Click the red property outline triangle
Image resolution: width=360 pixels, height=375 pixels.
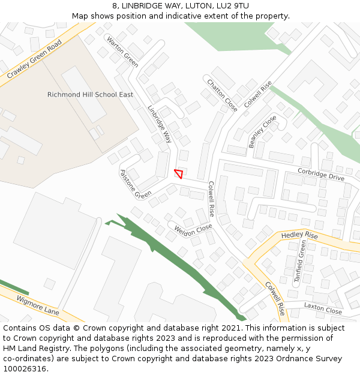click(x=178, y=173)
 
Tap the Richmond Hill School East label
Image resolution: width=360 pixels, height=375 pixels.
click(x=90, y=95)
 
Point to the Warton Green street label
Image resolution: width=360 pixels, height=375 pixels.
click(x=122, y=50)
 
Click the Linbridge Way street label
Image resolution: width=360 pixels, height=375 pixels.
click(x=160, y=124)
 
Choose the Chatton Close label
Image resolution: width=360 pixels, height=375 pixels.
click(x=222, y=95)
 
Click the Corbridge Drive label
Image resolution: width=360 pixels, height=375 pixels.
click(x=321, y=175)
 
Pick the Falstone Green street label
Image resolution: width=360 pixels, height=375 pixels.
click(x=136, y=184)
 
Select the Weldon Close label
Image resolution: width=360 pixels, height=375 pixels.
click(x=193, y=230)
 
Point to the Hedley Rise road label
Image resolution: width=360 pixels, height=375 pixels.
click(x=299, y=235)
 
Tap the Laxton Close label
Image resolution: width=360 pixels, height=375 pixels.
click(x=323, y=308)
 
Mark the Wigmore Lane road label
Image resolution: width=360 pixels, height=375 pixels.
click(x=38, y=305)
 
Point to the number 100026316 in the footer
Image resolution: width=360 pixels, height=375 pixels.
click(x=26, y=369)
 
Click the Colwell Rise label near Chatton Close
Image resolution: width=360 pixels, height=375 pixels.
click(x=258, y=94)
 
